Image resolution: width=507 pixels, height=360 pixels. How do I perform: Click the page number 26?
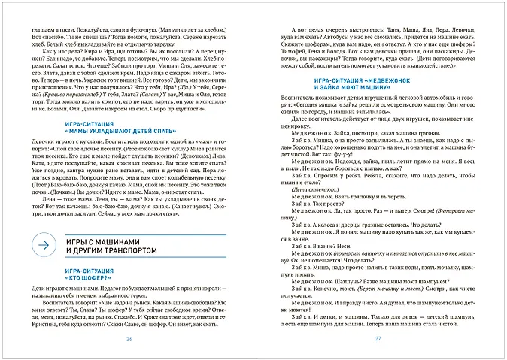129,341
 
